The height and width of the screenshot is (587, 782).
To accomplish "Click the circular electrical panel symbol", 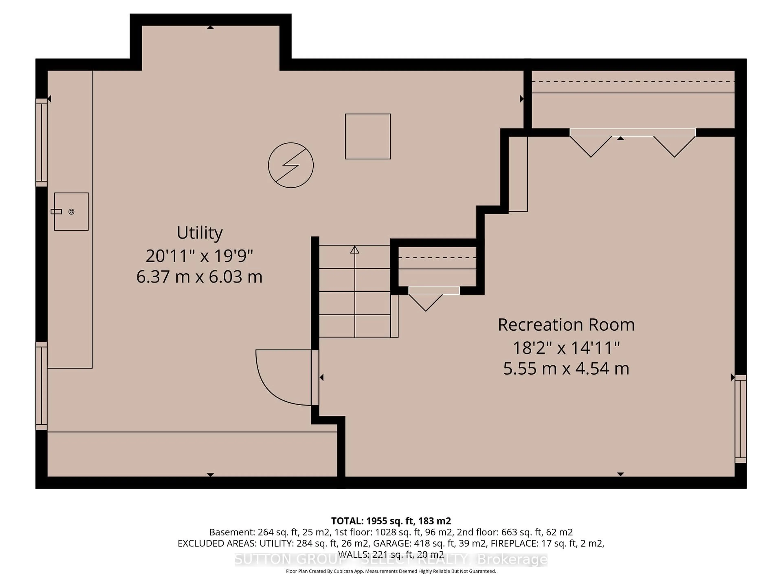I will coord(291,165).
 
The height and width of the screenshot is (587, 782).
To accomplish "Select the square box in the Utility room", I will coord(368,136).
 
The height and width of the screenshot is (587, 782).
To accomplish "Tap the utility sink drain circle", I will coord(71,212).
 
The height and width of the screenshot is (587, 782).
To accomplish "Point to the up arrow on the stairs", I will coord(355,250).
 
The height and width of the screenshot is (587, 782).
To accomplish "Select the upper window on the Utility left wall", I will coord(41,143).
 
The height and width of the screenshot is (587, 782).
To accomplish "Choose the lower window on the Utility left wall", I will coord(41,386).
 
